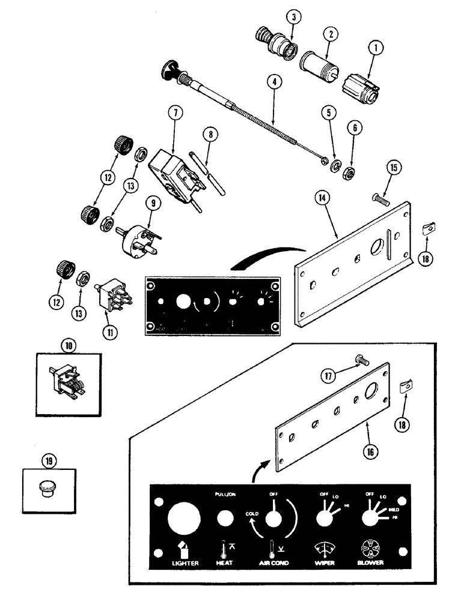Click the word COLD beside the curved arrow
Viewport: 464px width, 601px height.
(252, 514)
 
